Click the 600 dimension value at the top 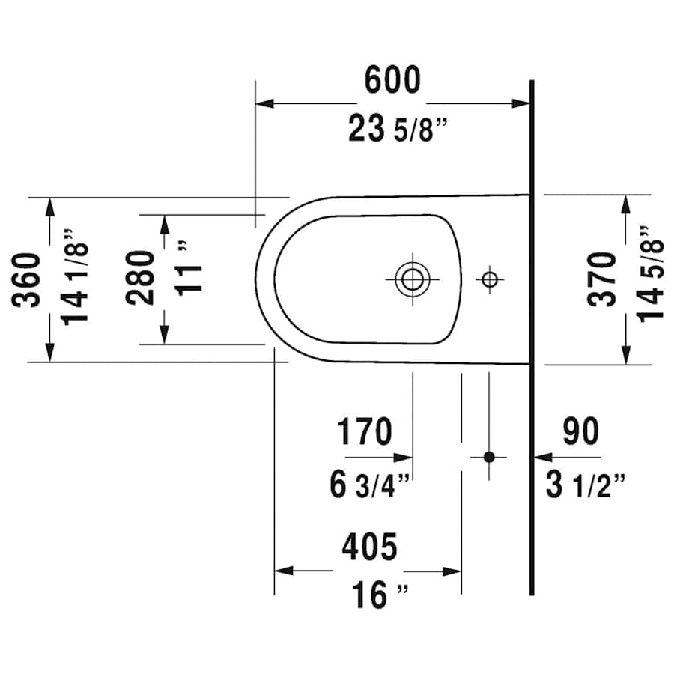point(392,81)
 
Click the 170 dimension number point(364,432)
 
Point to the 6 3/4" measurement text point(370,485)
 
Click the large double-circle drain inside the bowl point(410,279)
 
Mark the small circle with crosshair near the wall point(489,279)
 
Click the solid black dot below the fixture point(489,456)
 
